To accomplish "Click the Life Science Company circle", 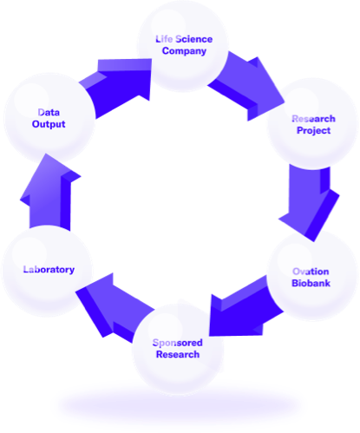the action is coord(183,46).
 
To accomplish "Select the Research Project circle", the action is coord(313,124).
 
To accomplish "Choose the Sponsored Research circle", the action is coord(178,349).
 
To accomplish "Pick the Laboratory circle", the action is coord(47,271).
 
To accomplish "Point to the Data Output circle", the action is coord(49,118).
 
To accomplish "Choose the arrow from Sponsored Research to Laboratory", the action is coord(115,306).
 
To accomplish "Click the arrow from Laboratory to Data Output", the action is coord(49,193).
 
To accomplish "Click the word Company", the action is coord(184,51).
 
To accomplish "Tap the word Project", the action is coord(313,131).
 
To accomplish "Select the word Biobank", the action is coord(311,283).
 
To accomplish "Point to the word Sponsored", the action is coord(178,343).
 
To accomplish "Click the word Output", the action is coord(49,124).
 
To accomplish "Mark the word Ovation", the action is coord(311,272).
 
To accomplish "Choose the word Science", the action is coord(194,39).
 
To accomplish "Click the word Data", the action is coord(49,112).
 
